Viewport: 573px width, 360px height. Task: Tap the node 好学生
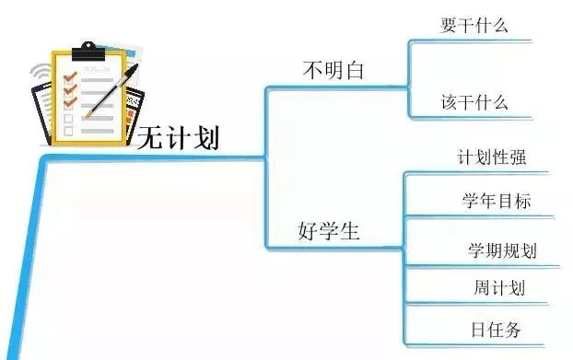328,230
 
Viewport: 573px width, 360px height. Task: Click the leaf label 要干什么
474,26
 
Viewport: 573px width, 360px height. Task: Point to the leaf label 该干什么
474,102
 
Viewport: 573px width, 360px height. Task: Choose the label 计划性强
492,157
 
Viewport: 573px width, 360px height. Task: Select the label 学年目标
496,201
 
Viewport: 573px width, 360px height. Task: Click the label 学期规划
502,250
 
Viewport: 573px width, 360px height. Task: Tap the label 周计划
499,287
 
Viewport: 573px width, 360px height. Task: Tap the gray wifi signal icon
39,74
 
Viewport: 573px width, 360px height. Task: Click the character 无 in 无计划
150,139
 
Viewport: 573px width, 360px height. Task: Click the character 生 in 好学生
349,230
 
